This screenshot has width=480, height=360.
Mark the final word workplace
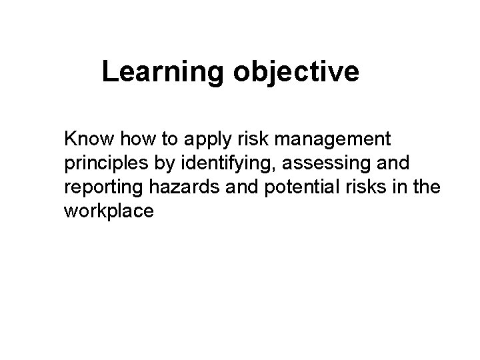coord(109,213)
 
